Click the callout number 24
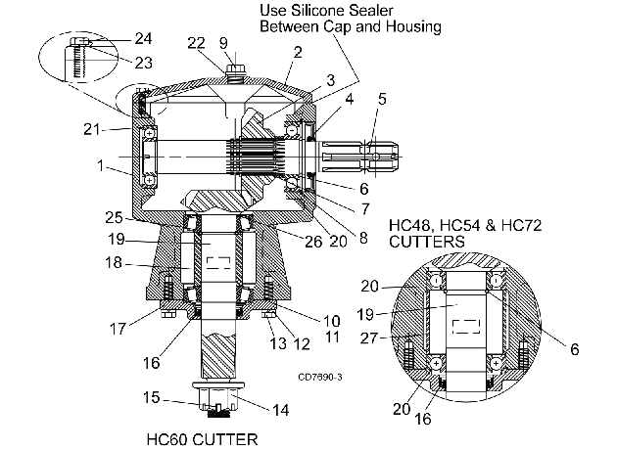tap(143, 38)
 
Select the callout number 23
tap(143, 63)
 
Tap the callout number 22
tap(196, 43)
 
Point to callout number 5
tap(382, 99)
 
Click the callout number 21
tap(92, 129)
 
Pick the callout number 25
tap(114, 218)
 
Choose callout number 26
tap(313, 242)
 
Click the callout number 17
tap(118, 329)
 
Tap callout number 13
tap(278, 343)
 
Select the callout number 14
tap(281, 410)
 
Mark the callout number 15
tap(151, 397)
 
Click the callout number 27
tap(368, 338)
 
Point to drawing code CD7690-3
tap(320, 378)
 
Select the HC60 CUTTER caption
tap(202, 439)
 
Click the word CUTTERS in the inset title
tap(427, 242)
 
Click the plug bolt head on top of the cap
tap(236, 69)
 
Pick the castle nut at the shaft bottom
tap(216, 398)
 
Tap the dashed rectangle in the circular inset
tap(466, 326)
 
